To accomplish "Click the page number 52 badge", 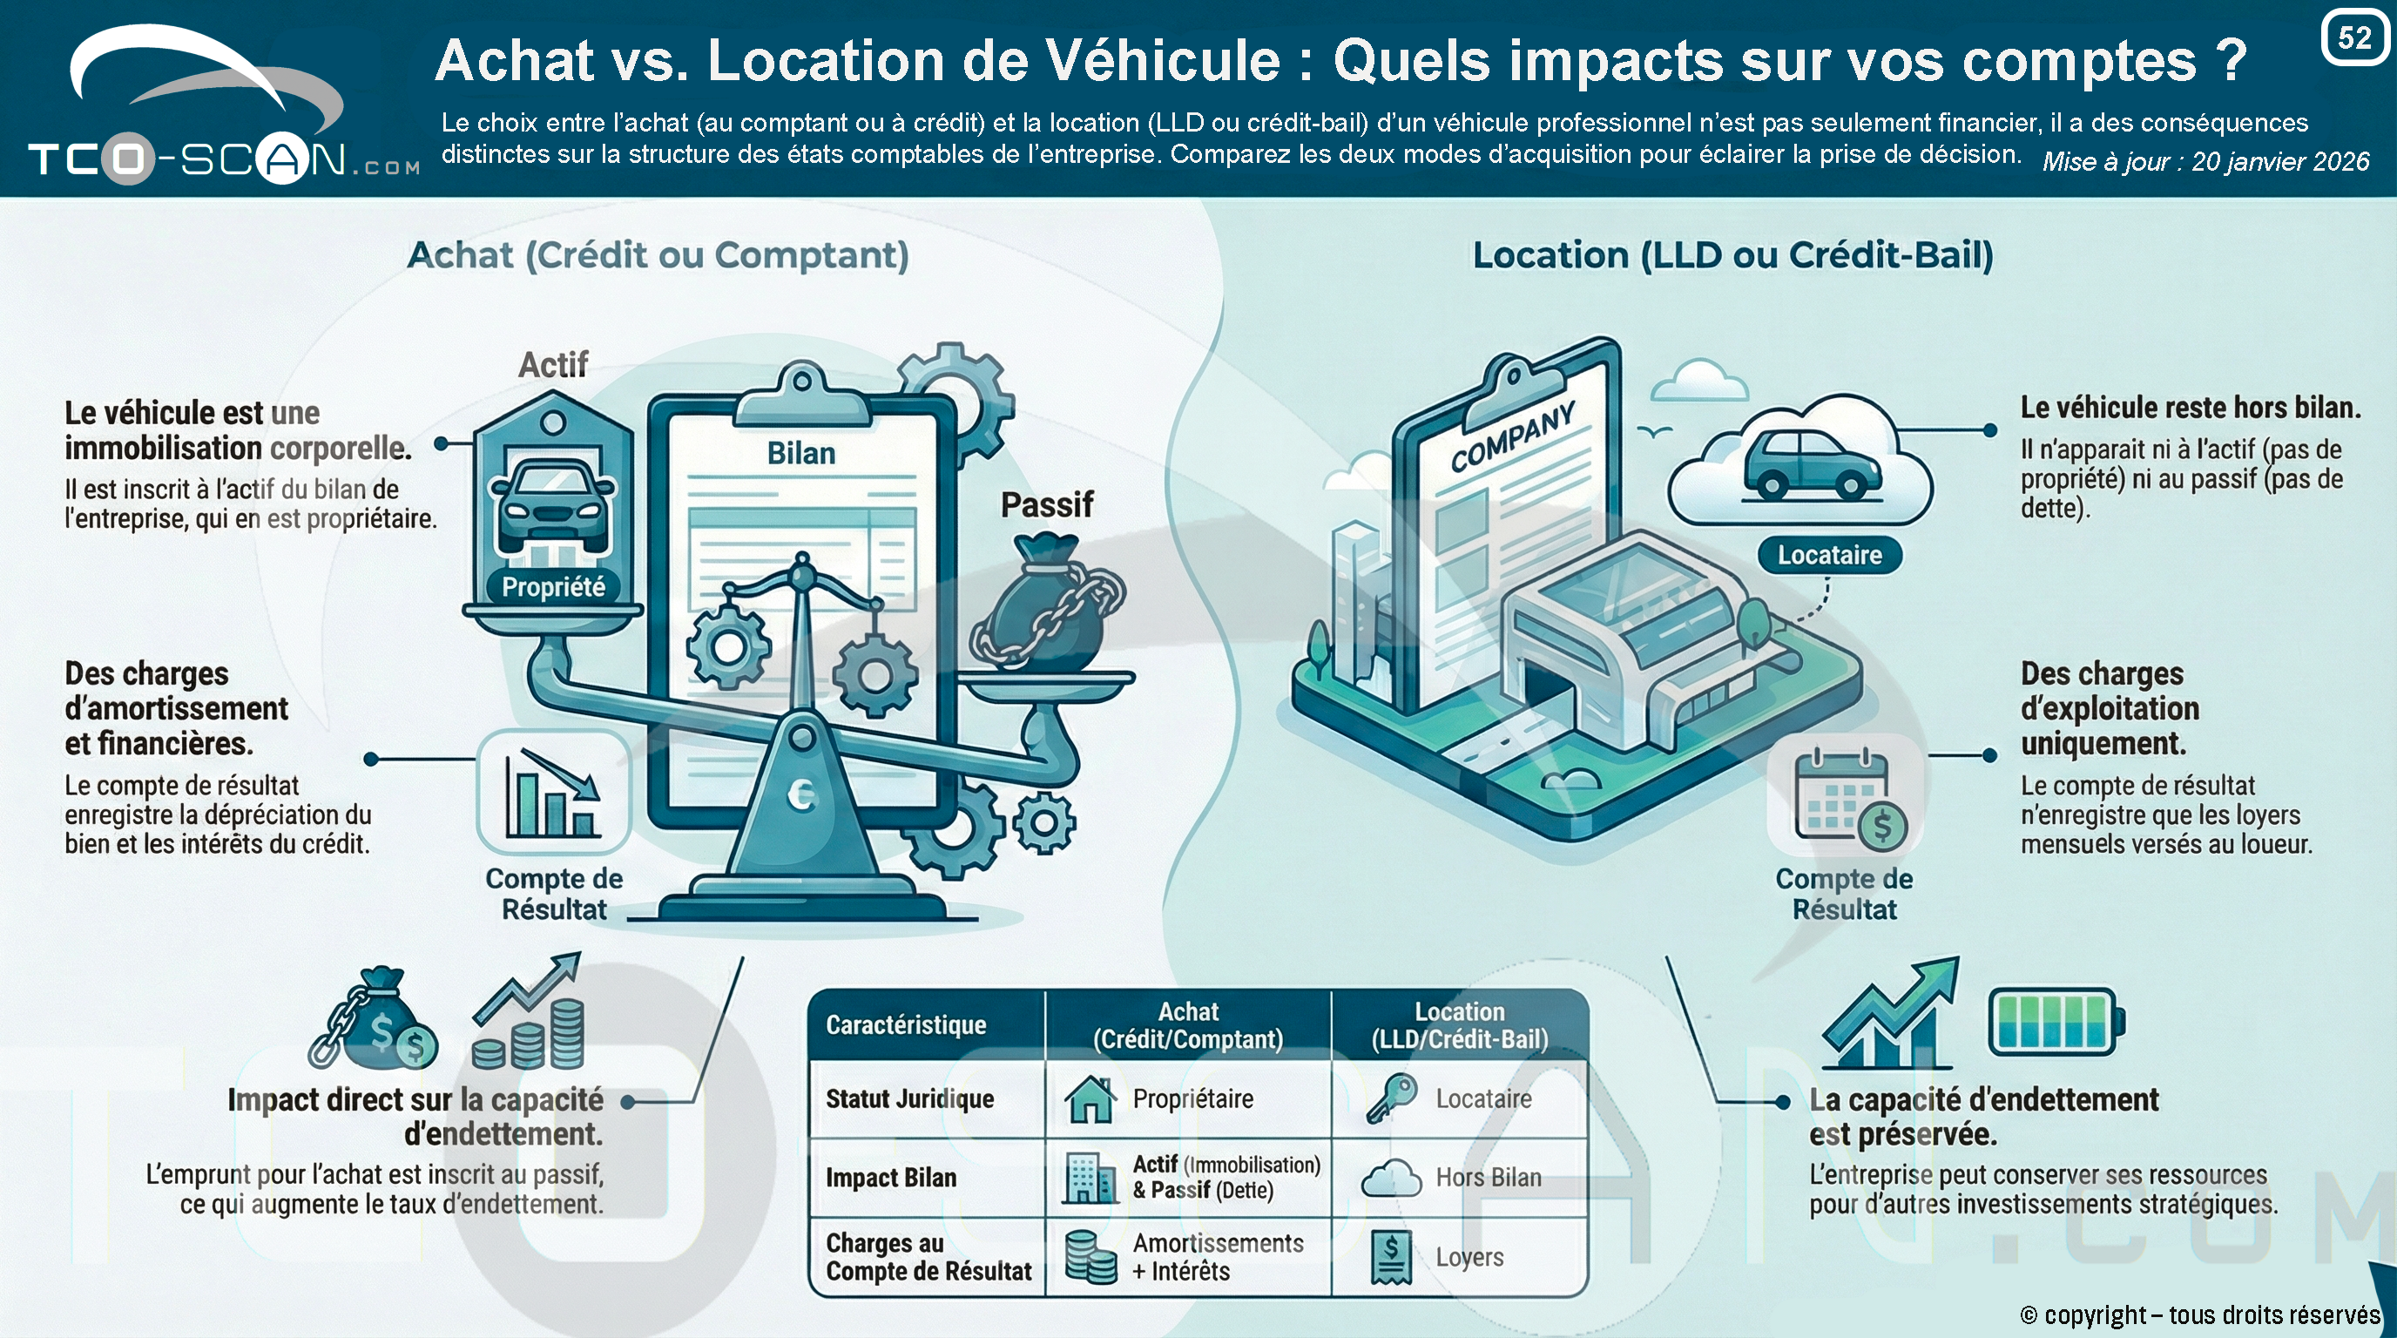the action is pos(2354,37).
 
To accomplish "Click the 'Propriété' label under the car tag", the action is pos(554,586).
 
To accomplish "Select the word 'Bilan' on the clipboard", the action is pos(801,453).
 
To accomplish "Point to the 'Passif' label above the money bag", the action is pos(1047,504).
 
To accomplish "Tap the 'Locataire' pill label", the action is pos(1829,556).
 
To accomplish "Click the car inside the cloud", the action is pos(1799,463).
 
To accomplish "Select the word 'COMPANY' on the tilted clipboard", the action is pos(1513,436).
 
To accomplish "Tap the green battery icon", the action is pos(2056,1022).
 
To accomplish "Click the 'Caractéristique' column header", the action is pos(905,1024).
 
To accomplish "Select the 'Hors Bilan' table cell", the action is pos(1488,1177).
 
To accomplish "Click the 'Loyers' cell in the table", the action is pos(1469,1257).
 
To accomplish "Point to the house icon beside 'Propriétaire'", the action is pos(1090,1098).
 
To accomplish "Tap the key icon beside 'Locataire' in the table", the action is pos(1391,1098).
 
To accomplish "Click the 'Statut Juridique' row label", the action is pos(909,1098).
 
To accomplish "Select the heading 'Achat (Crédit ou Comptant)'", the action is pos(658,255).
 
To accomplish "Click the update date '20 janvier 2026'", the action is pos(2279,162).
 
